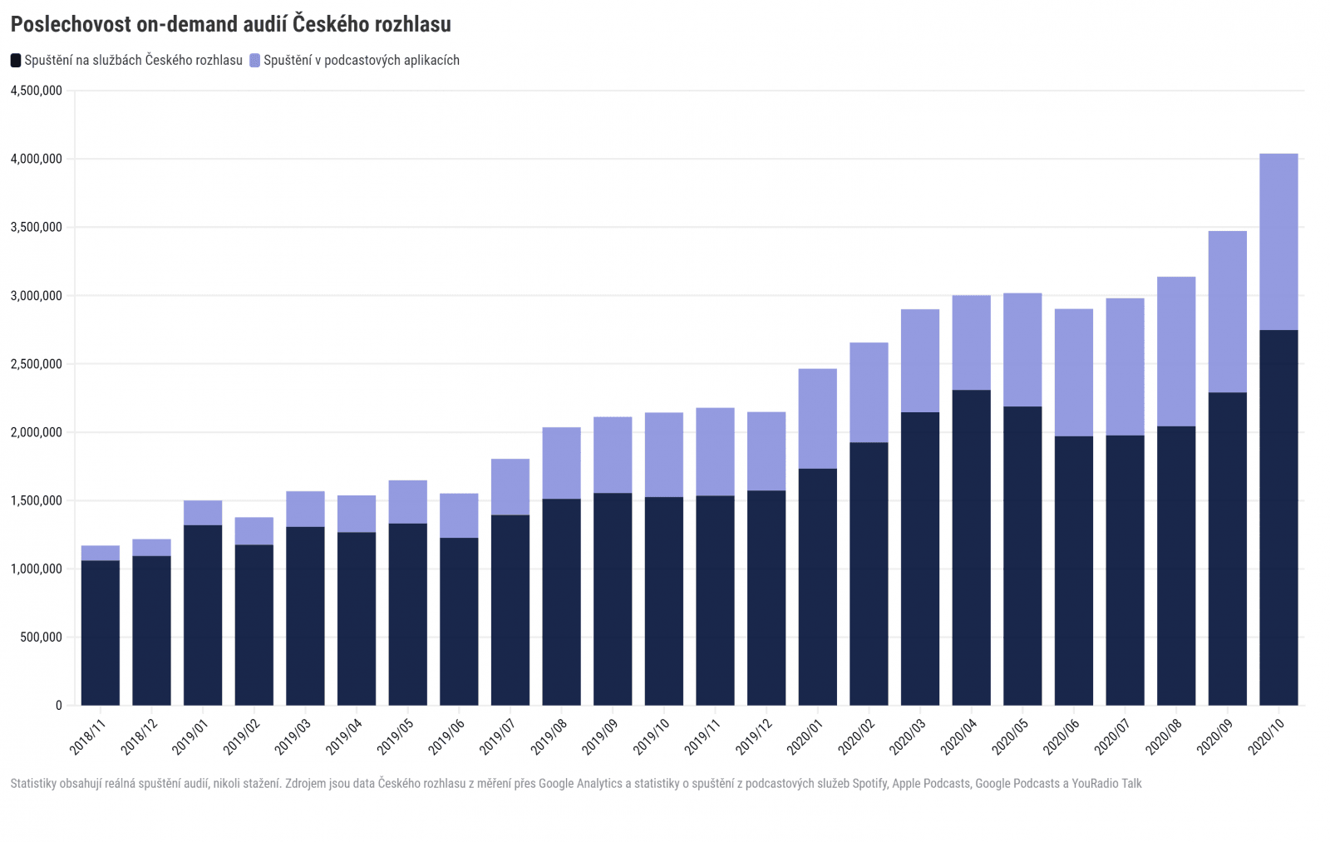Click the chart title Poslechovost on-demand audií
pyautogui.click(x=230, y=24)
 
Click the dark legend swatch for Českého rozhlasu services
pyautogui.click(x=16, y=61)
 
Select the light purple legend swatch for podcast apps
pyautogui.click(x=255, y=61)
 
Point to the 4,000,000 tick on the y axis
pyautogui.click(x=37, y=159)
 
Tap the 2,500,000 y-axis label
pyautogui.click(x=37, y=364)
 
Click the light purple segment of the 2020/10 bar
pyautogui.click(x=1278, y=242)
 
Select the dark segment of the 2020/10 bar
pyautogui.click(x=1278, y=515)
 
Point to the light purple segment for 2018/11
pyautogui.click(x=101, y=554)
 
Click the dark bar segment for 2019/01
pyautogui.click(x=203, y=615)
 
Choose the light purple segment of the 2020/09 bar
pyautogui.click(x=1227, y=312)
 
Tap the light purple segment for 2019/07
pyautogui.click(x=510, y=487)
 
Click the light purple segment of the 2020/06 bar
pyautogui.click(x=1073, y=372)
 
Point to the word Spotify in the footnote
pyautogui.click(x=870, y=784)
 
